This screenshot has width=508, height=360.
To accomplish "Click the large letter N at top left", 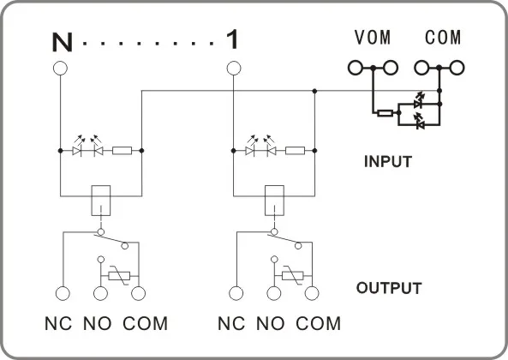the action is [x=62, y=43].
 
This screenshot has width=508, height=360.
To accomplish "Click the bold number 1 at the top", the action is [x=232, y=39].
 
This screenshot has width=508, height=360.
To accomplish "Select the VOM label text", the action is [x=373, y=37].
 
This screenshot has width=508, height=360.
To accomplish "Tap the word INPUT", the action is [x=388, y=161].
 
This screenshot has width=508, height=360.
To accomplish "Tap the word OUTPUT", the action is [x=389, y=288].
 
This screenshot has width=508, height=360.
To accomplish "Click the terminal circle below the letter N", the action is [x=60, y=69].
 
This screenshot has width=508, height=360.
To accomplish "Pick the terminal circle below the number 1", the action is [x=234, y=69].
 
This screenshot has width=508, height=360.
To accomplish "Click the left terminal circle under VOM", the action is [x=356, y=68].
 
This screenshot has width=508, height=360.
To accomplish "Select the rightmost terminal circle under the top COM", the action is [x=457, y=68].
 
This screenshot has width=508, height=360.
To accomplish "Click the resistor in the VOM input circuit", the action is [x=385, y=113].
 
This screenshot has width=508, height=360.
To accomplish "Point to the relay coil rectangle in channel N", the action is [x=101, y=201].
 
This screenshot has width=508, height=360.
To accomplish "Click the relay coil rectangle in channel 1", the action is [x=274, y=201].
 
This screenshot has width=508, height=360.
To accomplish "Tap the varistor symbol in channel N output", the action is [x=119, y=276].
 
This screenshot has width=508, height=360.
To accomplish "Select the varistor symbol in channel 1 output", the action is [x=293, y=276].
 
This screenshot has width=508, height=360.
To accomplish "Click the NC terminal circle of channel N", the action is [x=63, y=294].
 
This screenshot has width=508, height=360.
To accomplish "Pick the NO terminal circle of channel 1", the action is [x=274, y=294].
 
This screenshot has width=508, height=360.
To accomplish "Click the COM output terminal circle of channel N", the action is [x=138, y=294].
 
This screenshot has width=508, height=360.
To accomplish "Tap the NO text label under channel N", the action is [x=97, y=323].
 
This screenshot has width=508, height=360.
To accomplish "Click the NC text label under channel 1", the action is [x=231, y=323].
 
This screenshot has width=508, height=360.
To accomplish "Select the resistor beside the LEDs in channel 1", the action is [x=295, y=151].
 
